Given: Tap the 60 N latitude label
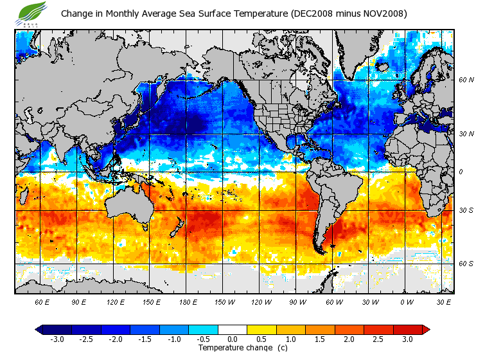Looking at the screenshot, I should click(x=466, y=80).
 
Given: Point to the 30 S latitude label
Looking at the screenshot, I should click(x=466, y=210).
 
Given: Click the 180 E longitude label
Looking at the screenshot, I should click(x=152, y=301).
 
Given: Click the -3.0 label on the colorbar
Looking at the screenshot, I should click(x=57, y=339).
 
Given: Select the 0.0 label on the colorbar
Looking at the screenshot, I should click(x=233, y=339).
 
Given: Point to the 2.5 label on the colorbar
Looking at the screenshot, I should click(x=379, y=339).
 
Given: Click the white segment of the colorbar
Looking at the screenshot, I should click(x=233, y=330).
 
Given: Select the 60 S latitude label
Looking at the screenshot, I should click(x=466, y=264).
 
